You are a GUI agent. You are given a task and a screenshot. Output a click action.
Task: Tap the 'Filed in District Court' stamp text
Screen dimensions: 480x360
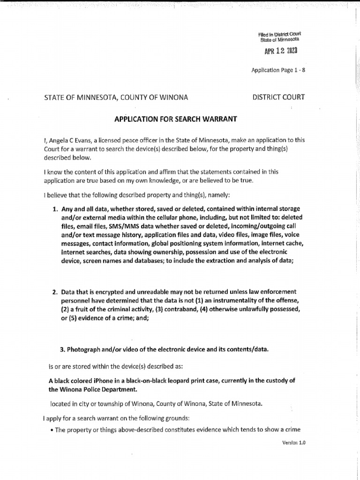[x=279, y=34]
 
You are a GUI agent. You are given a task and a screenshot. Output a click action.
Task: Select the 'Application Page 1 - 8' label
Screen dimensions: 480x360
[x=278, y=70]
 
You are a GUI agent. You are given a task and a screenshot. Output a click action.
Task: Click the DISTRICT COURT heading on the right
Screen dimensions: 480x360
[x=278, y=97]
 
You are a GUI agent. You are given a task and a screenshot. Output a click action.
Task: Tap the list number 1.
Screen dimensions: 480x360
[x=54, y=208]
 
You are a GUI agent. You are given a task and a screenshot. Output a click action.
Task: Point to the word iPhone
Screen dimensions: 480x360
[x=108, y=380]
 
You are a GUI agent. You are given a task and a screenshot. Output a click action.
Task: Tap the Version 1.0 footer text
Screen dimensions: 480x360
[x=294, y=442]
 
